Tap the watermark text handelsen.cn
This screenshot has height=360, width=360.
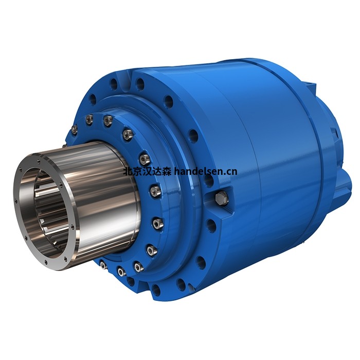point(206,171)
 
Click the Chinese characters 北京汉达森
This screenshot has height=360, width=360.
point(147,172)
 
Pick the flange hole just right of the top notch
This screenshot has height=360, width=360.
point(140,83)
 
